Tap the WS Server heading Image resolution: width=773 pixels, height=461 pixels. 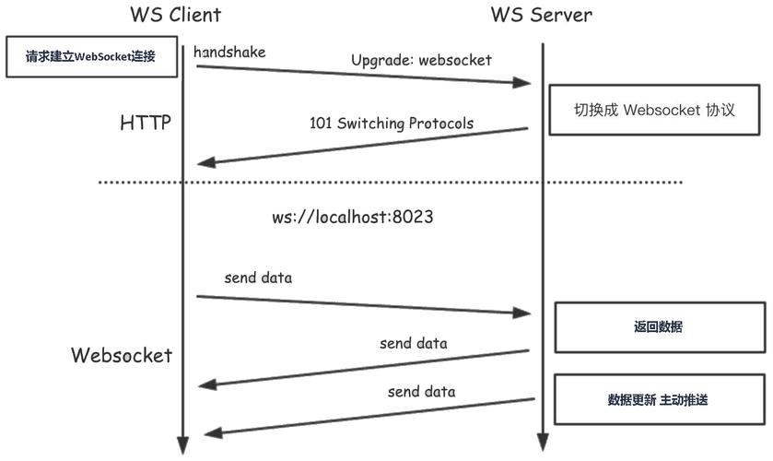tap(540, 15)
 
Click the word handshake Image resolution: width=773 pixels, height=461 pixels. tap(229, 53)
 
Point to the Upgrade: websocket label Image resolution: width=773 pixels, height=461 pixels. tap(421, 60)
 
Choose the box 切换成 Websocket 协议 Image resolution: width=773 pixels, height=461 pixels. tap(655, 110)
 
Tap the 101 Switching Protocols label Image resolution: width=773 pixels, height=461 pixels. tap(391, 124)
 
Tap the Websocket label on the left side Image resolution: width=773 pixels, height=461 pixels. tap(122, 355)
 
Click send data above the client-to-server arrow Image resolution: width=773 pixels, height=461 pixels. tap(259, 278)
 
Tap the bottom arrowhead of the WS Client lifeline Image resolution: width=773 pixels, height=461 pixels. tap(183, 445)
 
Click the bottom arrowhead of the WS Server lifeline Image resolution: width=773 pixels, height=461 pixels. tap(543, 445)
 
